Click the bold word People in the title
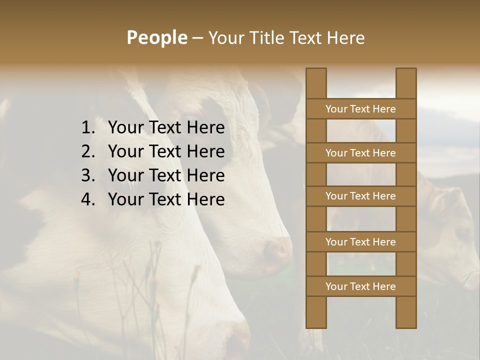156,38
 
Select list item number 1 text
166,128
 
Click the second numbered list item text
166,151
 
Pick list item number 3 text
166,175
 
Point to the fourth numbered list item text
166,199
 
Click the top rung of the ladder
360,109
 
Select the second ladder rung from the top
360,153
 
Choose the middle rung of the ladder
360,196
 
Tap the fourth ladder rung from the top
360,242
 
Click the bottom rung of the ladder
360,286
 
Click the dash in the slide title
197,38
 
